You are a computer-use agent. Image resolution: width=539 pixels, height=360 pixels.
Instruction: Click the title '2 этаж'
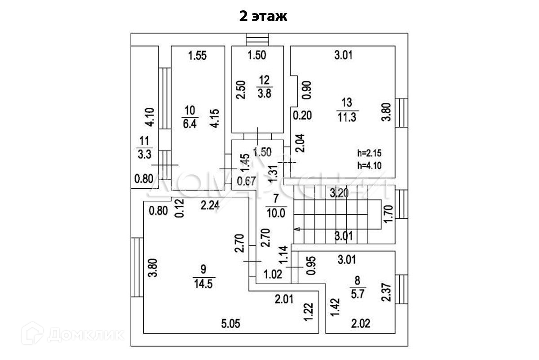(x=263, y=17)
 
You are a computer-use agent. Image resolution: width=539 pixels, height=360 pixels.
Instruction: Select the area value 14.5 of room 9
(x=203, y=285)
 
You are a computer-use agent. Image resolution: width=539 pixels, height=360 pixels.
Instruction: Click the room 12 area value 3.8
(x=264, y=94)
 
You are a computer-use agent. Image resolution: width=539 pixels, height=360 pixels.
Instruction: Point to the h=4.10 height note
(x=369, y=164)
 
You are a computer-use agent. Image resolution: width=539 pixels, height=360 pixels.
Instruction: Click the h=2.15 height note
(x=369, y=152)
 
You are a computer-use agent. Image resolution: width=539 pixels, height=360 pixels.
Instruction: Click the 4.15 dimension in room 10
(x=216, y=117)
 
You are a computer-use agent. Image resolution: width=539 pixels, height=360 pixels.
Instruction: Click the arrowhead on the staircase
(x=296, y=229)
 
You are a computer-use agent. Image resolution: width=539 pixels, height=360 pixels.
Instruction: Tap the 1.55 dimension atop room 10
(x=197, y=56)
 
